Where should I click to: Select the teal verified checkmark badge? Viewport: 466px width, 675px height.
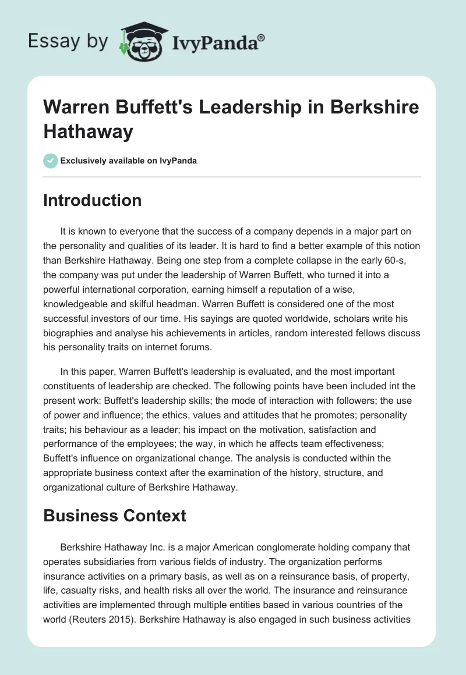(x=51, y=161)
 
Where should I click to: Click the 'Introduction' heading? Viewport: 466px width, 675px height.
(x=93, y=201)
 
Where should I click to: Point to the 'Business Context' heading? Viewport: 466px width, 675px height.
(x=115, y=516)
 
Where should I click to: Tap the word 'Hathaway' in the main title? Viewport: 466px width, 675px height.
(x=88, y=131)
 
